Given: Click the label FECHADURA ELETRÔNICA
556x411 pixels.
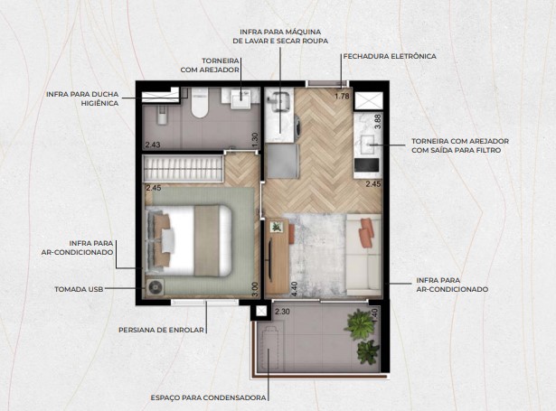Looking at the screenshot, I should (389, 56).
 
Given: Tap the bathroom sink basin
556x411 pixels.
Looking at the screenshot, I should (243, 98).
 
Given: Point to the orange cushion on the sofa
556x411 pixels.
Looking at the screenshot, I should (365, 233).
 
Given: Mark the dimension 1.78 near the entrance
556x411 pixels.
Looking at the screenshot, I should (342, 96).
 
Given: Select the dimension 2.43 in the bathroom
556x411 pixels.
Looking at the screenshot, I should (151, 144).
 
